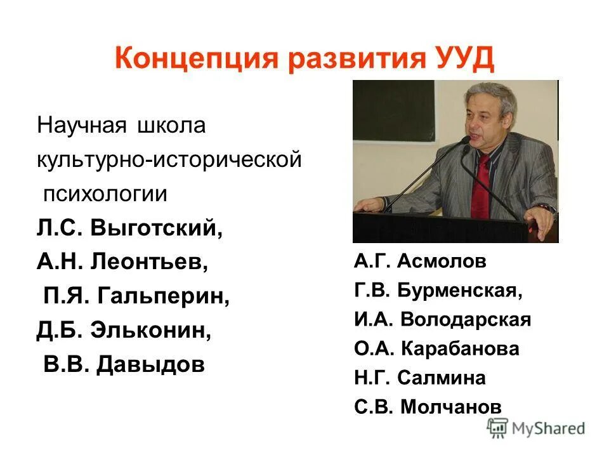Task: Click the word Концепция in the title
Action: (x=197, y=60)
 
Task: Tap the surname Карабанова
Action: (x=459, y=348)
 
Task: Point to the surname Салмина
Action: (x=442, y=378)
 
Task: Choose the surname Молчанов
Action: (x=450, y=407)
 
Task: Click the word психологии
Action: (x=105, y=193)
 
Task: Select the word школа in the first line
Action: (x=171, y=125)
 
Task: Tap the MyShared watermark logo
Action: (x=536, y=427)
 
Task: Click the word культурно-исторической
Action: (x=168, y=159)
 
